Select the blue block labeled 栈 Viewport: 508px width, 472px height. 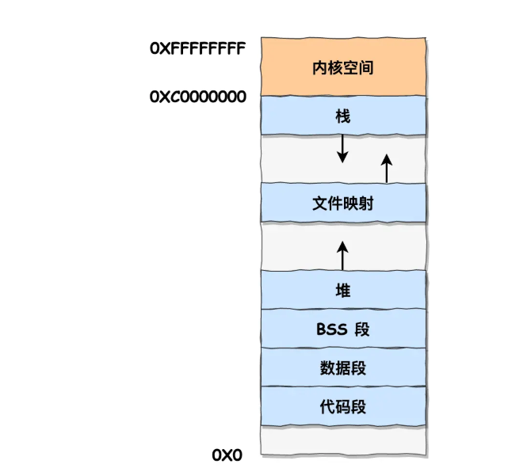point(342,116)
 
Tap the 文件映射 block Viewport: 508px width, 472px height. point(342,204)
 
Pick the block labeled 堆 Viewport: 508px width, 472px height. point(342,290)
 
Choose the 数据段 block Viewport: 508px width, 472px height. point(342,367)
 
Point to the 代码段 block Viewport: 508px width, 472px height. point(342,407)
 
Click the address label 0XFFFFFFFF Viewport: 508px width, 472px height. point(197,48)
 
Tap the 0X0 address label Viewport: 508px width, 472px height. point(227,455)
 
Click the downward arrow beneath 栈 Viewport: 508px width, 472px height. point(342,148)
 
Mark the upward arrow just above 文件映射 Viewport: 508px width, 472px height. point(387,168)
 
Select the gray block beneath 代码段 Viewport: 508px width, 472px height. point(342,440)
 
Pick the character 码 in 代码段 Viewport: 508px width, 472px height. point(342,407)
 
